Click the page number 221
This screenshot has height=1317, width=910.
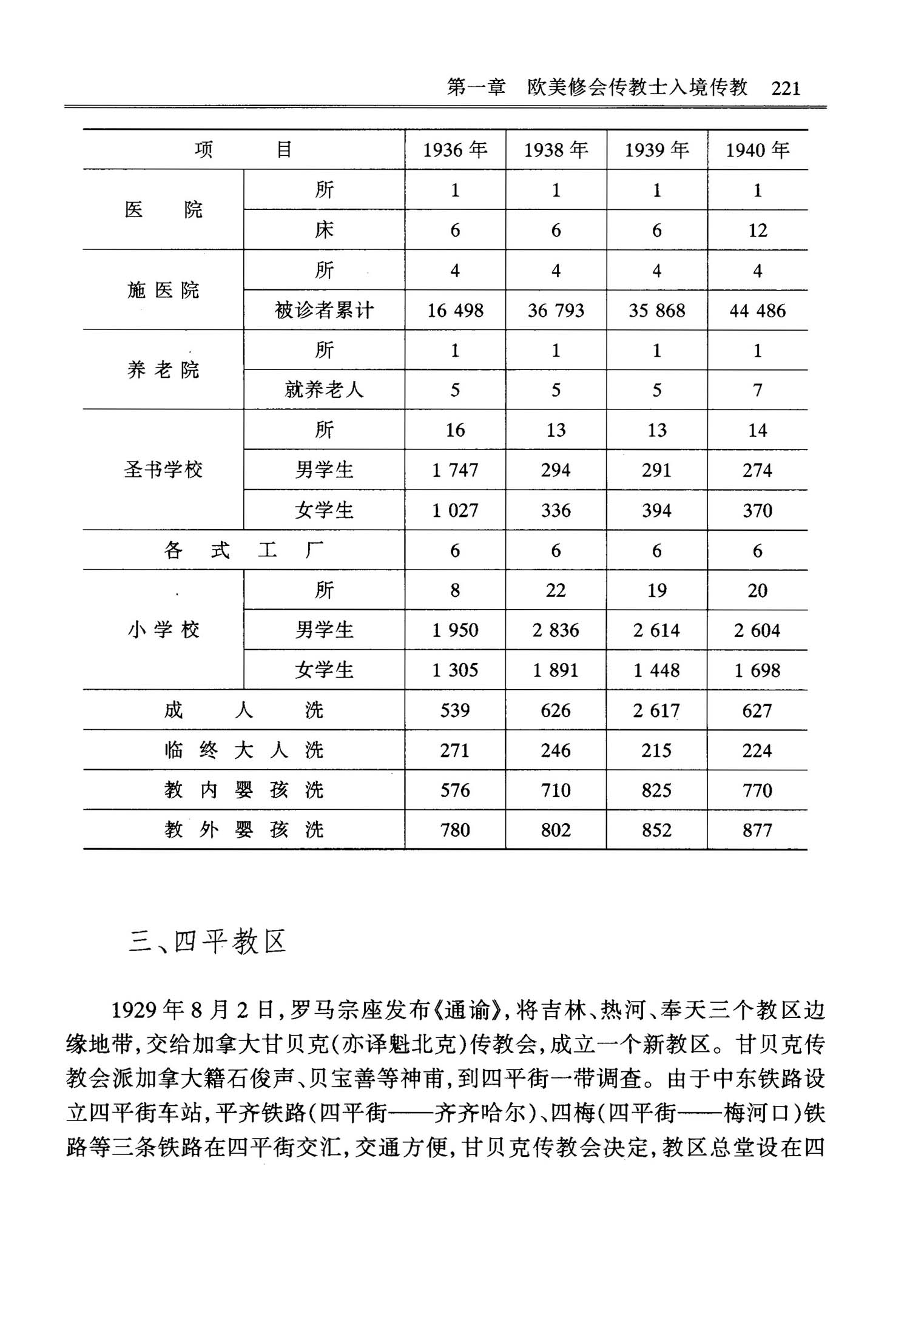pos(786,89)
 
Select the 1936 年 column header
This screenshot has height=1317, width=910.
pos(455,150)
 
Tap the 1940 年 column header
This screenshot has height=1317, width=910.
pos(758,150)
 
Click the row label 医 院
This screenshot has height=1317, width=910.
pos(163,210)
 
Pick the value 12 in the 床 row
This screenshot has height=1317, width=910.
pos(758,231)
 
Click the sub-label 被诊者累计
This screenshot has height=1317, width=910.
pos(324,311)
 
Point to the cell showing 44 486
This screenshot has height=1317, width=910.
pos(758,311)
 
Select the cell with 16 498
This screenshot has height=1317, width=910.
pos(455,311)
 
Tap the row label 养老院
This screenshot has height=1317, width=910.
pos(163,370)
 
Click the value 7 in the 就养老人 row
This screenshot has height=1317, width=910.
pos(758,390)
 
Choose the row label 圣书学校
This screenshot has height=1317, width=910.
pos(163,470)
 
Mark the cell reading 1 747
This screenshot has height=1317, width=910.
pos(455,470)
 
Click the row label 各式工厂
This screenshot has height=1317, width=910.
pos(243,551)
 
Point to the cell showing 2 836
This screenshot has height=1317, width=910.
pos(556,630)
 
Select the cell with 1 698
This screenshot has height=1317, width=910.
pos(758,670)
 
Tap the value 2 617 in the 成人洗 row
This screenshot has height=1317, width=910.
pos(656,710)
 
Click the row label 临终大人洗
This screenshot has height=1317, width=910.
pos(243,750)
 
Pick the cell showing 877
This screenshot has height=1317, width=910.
pos(758,830)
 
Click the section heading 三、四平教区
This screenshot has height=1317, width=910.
pos(207,942)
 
